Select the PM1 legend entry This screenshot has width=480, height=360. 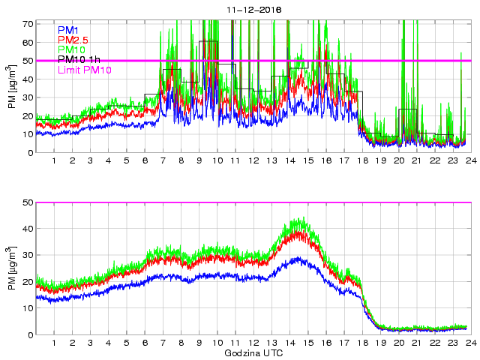click(69, 30)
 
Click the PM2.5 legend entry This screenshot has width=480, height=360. click(74, 40)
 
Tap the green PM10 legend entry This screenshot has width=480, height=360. click(73, 49)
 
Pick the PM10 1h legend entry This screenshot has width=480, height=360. click(79, 59)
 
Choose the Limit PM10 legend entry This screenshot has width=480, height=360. click(85, 70)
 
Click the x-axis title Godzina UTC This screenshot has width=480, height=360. click(253, 352)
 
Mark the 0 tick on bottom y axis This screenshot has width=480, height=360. click(29, 334)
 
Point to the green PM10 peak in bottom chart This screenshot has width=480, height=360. click(300, 219)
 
